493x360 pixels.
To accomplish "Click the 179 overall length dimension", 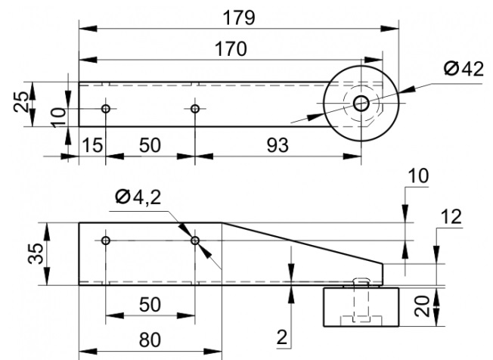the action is [x=239, y=18].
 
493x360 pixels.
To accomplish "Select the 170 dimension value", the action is [x=231, y=49].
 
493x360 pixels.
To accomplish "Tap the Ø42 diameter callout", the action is [x=464, y=69].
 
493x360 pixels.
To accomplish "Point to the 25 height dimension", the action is [x=20, y=101].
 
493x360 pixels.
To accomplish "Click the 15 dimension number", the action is [x=92, y=145].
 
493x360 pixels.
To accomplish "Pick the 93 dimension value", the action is [x=278, y=145].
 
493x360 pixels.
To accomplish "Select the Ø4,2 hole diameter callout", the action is [x=138, y=197].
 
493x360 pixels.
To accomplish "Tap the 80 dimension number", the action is [x=150, y=340].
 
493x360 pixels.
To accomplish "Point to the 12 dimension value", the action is [x=451, y=216].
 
